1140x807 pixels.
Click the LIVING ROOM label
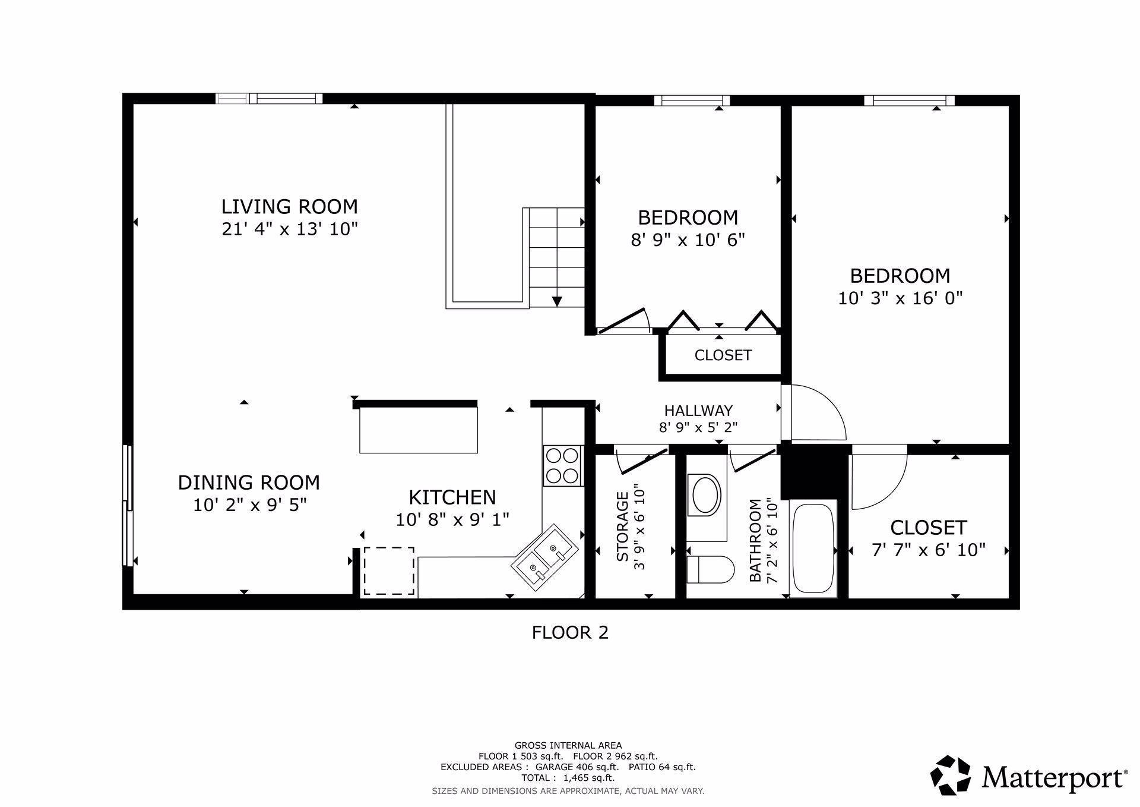(x=290, y=207)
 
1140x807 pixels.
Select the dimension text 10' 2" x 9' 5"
(x=249, y=505)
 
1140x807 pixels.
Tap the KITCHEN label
(x=452, y=497)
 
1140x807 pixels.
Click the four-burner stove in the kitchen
(x=562, y=465)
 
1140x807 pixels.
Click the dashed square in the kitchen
(x=389, y=570)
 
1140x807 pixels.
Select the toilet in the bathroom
(x=710, y=569)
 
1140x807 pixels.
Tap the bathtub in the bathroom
(x=813, y=548)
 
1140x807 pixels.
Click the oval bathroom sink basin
(x=705, y=494)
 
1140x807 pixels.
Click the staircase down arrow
(x=556, y=301)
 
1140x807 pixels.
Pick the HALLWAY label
(x=698, y=411)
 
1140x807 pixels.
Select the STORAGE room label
(x=622, y=527)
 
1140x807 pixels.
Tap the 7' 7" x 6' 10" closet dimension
(x=929, y=550)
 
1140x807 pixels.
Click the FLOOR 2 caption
(x=570, y=632)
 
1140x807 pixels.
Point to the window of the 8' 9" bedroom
(x=692, y=100)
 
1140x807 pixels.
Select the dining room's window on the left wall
(x=127, y=505)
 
